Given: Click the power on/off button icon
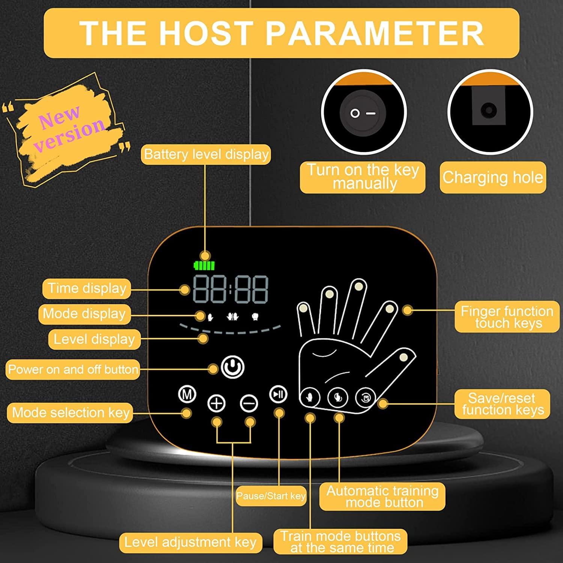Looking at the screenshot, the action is (x=233, y=367).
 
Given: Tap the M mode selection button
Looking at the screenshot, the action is (x=187, y=394).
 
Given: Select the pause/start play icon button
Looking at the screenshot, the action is (x=278, y=394).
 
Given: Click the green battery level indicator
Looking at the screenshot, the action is (x=204, y=266).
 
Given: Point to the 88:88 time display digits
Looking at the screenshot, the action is (x=230, y=289).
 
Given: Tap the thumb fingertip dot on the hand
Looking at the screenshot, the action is (x=403, y=357).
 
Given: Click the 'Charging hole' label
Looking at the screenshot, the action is (x=492, y=177).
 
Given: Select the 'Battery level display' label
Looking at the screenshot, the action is (x=206, y=154).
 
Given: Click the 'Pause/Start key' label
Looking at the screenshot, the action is (x=271, y=496).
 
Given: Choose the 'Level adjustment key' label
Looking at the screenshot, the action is (x=190, y=542).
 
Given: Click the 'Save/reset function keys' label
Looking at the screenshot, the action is (x=502, y=404).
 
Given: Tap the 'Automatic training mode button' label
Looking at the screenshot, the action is (x=382, y=496).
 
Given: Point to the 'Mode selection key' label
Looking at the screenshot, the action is (x=70, y=412).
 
